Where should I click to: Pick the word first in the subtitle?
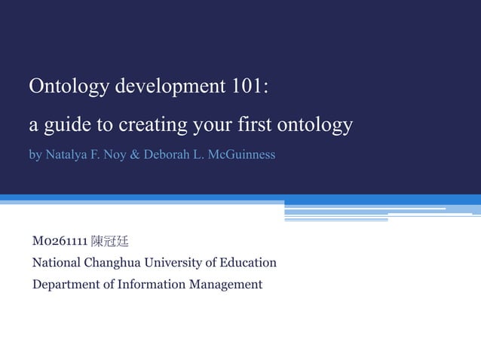pos(253,124)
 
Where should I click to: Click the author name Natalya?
pos(67,156)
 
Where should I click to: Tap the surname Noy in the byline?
pos(117,155)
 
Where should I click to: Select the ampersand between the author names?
pos(136,155)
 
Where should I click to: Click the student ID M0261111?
pos(59,242)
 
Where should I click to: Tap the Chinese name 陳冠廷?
pos(109,242)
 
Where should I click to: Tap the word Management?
pos(226,285)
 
